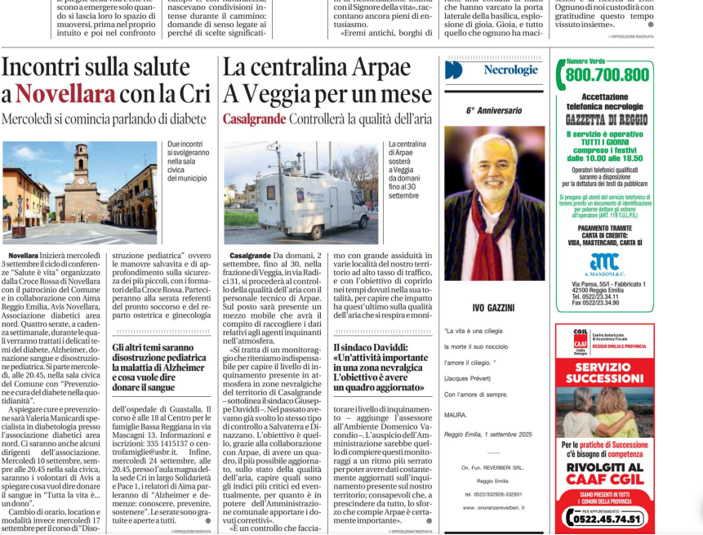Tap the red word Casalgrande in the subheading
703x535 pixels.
pyautogui.click(x=254, y=119)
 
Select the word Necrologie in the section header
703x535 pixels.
pyautogui.click(x=510, y=70)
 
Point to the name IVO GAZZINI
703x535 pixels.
pyautogui.click(x=494, y=307)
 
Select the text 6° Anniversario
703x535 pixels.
pyautogui.click(x=494, y=110)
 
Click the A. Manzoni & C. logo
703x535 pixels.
pyautogui.click(x=604, y=264)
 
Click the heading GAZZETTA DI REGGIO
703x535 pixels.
pyautogui.click(x=604, y=119)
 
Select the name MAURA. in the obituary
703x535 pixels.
pyautogui.click(x=456, y=414)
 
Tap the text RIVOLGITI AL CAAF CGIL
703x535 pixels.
pyautogui.click(x=604, y=474)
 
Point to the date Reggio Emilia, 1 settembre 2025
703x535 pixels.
pyautogui.click(x=487, y=434)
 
